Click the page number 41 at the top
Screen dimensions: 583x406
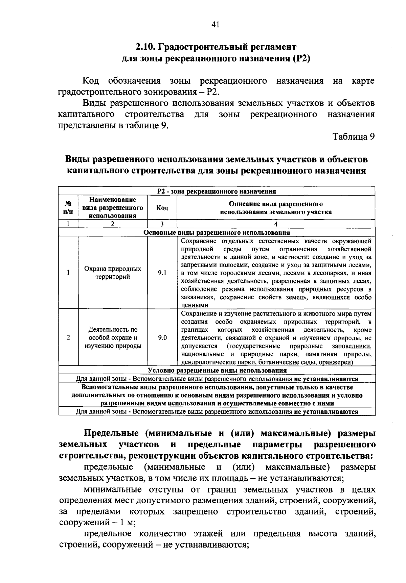[x=216, y=24]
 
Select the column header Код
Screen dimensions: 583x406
[x=162, y=208]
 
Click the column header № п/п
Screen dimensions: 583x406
[x=68, y=208]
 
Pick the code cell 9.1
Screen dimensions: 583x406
[x=162, y=273]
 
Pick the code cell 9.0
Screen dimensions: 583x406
[x=162, y=337]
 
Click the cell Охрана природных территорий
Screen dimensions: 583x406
[x=113, y=273]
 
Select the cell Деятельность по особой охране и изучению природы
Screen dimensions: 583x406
[x=113, y=337]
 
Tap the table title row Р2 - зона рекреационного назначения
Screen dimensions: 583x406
[x=217, y=192]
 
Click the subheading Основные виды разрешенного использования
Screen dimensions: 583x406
[x=217, y=233]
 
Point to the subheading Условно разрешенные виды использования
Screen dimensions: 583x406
[x=217, y=371]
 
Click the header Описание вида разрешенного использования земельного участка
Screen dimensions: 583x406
[x=276, y=208]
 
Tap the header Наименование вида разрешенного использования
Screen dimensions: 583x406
[x=113, y=208]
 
